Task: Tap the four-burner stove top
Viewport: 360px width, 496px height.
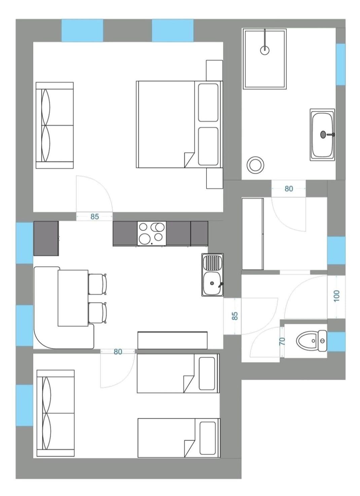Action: click(151, 233)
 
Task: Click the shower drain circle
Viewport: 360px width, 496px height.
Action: click(265, 50)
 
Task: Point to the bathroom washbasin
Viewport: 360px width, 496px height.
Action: click(322, 135)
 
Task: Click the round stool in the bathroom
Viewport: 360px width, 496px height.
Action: click(255, 165)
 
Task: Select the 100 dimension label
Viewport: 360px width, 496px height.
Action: click(337, 295)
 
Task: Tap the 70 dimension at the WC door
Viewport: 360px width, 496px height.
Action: click(282, 341)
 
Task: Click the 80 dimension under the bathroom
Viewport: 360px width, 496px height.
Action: click(289, 189)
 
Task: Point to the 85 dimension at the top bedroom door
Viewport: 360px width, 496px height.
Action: click(95, 217)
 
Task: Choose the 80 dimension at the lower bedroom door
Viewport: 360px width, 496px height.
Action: click(118, 352)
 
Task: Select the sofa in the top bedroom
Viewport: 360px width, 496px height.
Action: click(55, 126)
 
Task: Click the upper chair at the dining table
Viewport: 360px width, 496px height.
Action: click(97, 283)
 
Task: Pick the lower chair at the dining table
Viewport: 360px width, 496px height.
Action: click(97, 312)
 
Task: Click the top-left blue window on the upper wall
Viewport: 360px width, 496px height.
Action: click(82, 30)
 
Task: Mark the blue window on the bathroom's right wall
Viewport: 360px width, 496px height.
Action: click(340, 64)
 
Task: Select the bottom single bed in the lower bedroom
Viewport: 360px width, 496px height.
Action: click(178, 438)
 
